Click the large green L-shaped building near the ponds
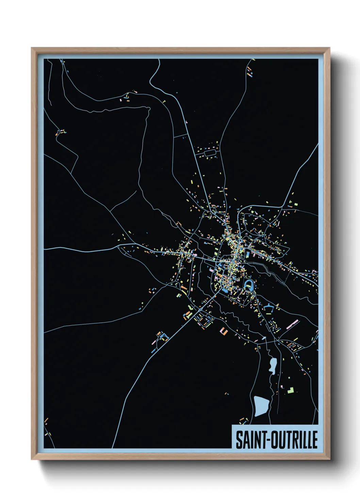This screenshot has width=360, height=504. coord(291,390)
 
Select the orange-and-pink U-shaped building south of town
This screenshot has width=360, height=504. coord(223,330)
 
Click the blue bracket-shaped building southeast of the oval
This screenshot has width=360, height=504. coord(269,308)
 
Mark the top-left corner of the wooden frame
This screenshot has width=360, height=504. coord(32,48)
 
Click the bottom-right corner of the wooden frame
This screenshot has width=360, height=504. coord(329,459)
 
